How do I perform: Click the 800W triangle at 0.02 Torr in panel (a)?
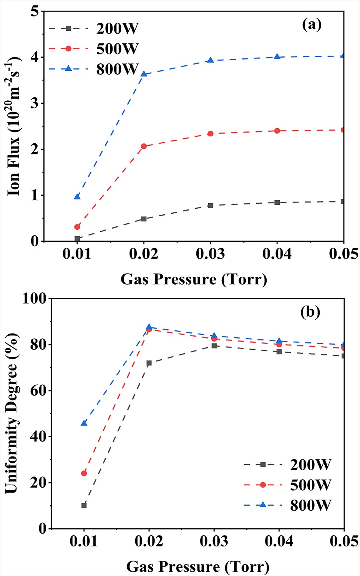click(x=144, y=74)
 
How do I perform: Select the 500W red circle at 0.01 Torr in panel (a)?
click(x=77, y=227)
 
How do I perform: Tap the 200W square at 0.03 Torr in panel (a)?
click(x=210, y=206)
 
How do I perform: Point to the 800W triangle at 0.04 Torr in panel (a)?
click(x=277, y=56)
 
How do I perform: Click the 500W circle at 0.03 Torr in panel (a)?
click(x=210, y=134)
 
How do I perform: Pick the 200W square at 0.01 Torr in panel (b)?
click(x=84, y=505)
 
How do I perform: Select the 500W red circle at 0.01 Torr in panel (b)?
click(x=84, y=473)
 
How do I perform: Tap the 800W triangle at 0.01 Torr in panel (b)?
click(x=84, y=423)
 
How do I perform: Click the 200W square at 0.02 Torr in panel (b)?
click(x=149, y=363)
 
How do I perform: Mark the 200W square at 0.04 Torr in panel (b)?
click(x=279, y=352)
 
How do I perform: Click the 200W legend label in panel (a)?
click(x=117, y=29)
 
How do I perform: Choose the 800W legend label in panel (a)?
click(x=117, y=69)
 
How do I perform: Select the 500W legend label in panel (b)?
click(x=310, y=485)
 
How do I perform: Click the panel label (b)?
click(x=310, y=312)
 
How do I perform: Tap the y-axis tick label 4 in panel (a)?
click(x=35, y=57)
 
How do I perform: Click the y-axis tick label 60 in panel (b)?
click(x=38, y=390)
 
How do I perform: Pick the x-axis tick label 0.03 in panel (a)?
click(x=210, y=254)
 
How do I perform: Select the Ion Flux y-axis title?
click(x=15, y=126)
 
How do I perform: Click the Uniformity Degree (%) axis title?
click(x=12, y=413)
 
